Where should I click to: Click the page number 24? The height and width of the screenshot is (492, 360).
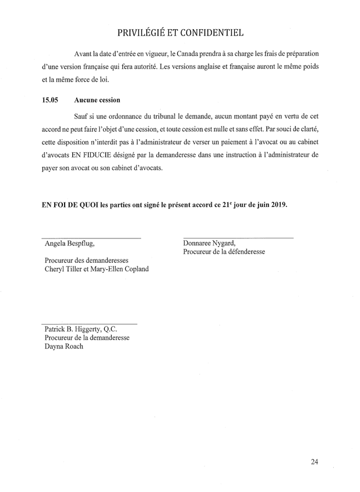pos(315,462)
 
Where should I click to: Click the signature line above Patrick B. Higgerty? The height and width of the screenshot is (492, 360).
pos(89,324)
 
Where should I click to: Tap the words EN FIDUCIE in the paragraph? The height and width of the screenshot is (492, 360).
pos(90,156)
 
